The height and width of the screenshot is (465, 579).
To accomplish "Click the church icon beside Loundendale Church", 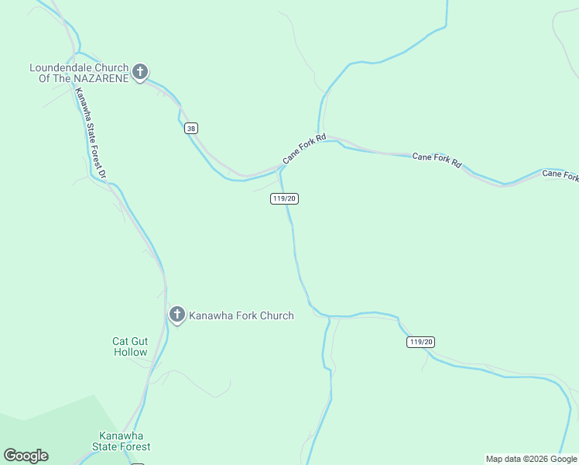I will point(140,73).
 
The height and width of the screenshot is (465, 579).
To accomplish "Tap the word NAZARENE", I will point(100,79).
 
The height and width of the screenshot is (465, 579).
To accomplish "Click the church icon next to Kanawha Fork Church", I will point(177,315).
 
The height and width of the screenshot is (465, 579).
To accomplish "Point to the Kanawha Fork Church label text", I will point(242,315).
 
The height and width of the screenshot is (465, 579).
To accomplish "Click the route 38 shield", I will point(191,129).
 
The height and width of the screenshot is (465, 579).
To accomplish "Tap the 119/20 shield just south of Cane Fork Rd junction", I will point(284,198).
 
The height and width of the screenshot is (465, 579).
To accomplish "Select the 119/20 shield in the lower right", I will point(421,342).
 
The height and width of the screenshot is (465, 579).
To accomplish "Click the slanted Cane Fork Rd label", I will point(304,149).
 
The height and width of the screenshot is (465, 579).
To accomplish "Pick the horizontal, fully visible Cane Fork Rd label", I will point(437,160).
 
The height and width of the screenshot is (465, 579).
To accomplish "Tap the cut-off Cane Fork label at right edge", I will point(560,175).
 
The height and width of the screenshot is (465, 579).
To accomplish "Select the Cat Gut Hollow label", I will point(130,346).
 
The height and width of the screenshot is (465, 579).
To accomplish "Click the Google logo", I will point(26,456).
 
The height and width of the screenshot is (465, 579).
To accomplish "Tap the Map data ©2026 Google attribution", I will point(531,459).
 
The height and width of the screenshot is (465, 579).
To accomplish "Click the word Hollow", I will point(130,352).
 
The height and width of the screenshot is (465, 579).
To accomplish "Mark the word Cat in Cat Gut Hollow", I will point(120,340).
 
